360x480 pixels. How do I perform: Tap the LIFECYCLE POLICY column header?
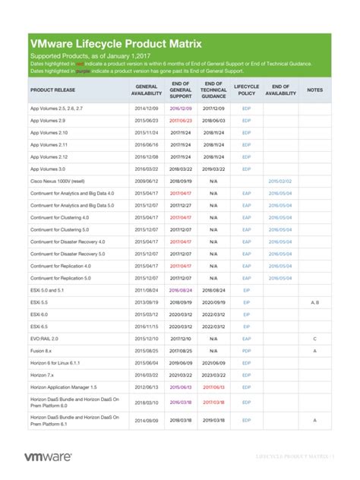click(x=246, y=90)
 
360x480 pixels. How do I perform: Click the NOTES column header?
click(x=314, y=90)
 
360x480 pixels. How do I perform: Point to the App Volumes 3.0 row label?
click(x=48, y=169)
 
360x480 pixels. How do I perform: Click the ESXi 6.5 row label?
click(x=39, y=326)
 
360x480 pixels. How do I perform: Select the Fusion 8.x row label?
click(x=41, y=350)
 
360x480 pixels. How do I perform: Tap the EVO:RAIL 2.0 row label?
click(x=44, y=338)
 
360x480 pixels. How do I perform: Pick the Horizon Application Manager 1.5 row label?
click(x=68, y=387)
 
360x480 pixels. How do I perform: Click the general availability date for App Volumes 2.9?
click(x=146, y=120)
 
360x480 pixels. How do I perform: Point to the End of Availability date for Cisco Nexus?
click(x=279, y=181)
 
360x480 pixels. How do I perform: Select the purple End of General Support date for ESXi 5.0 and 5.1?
click(x=181, y=289)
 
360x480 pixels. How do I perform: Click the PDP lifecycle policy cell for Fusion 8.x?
click(x=246, y=350)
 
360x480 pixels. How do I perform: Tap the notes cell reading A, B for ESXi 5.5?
click(x=314, y=302)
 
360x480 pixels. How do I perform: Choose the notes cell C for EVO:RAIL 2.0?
click(x=314, y=338)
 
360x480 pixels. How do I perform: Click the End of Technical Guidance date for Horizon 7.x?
click(x=213, y=374)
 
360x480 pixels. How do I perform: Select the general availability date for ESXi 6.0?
click(x=146, y=314)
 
